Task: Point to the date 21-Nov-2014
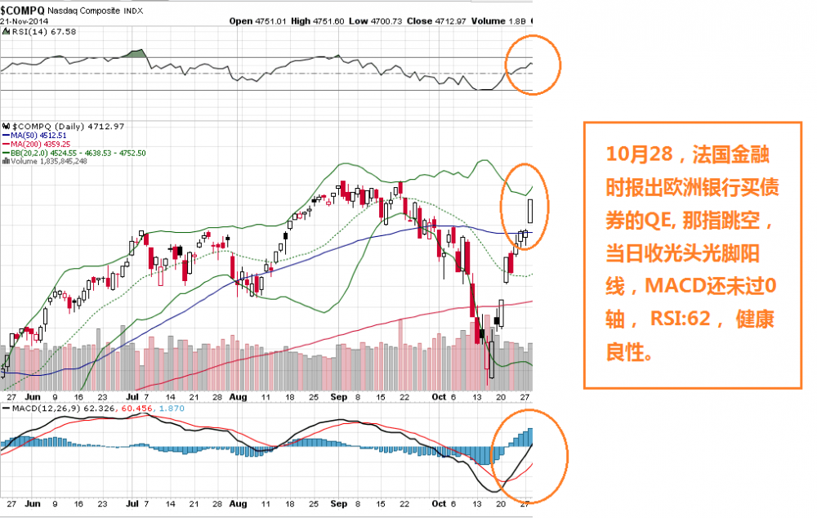[x=24, y=20]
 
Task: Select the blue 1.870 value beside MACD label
[x=171, y=405]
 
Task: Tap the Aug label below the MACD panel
[x=238, y=506]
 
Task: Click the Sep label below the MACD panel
[x=339, y=506]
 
